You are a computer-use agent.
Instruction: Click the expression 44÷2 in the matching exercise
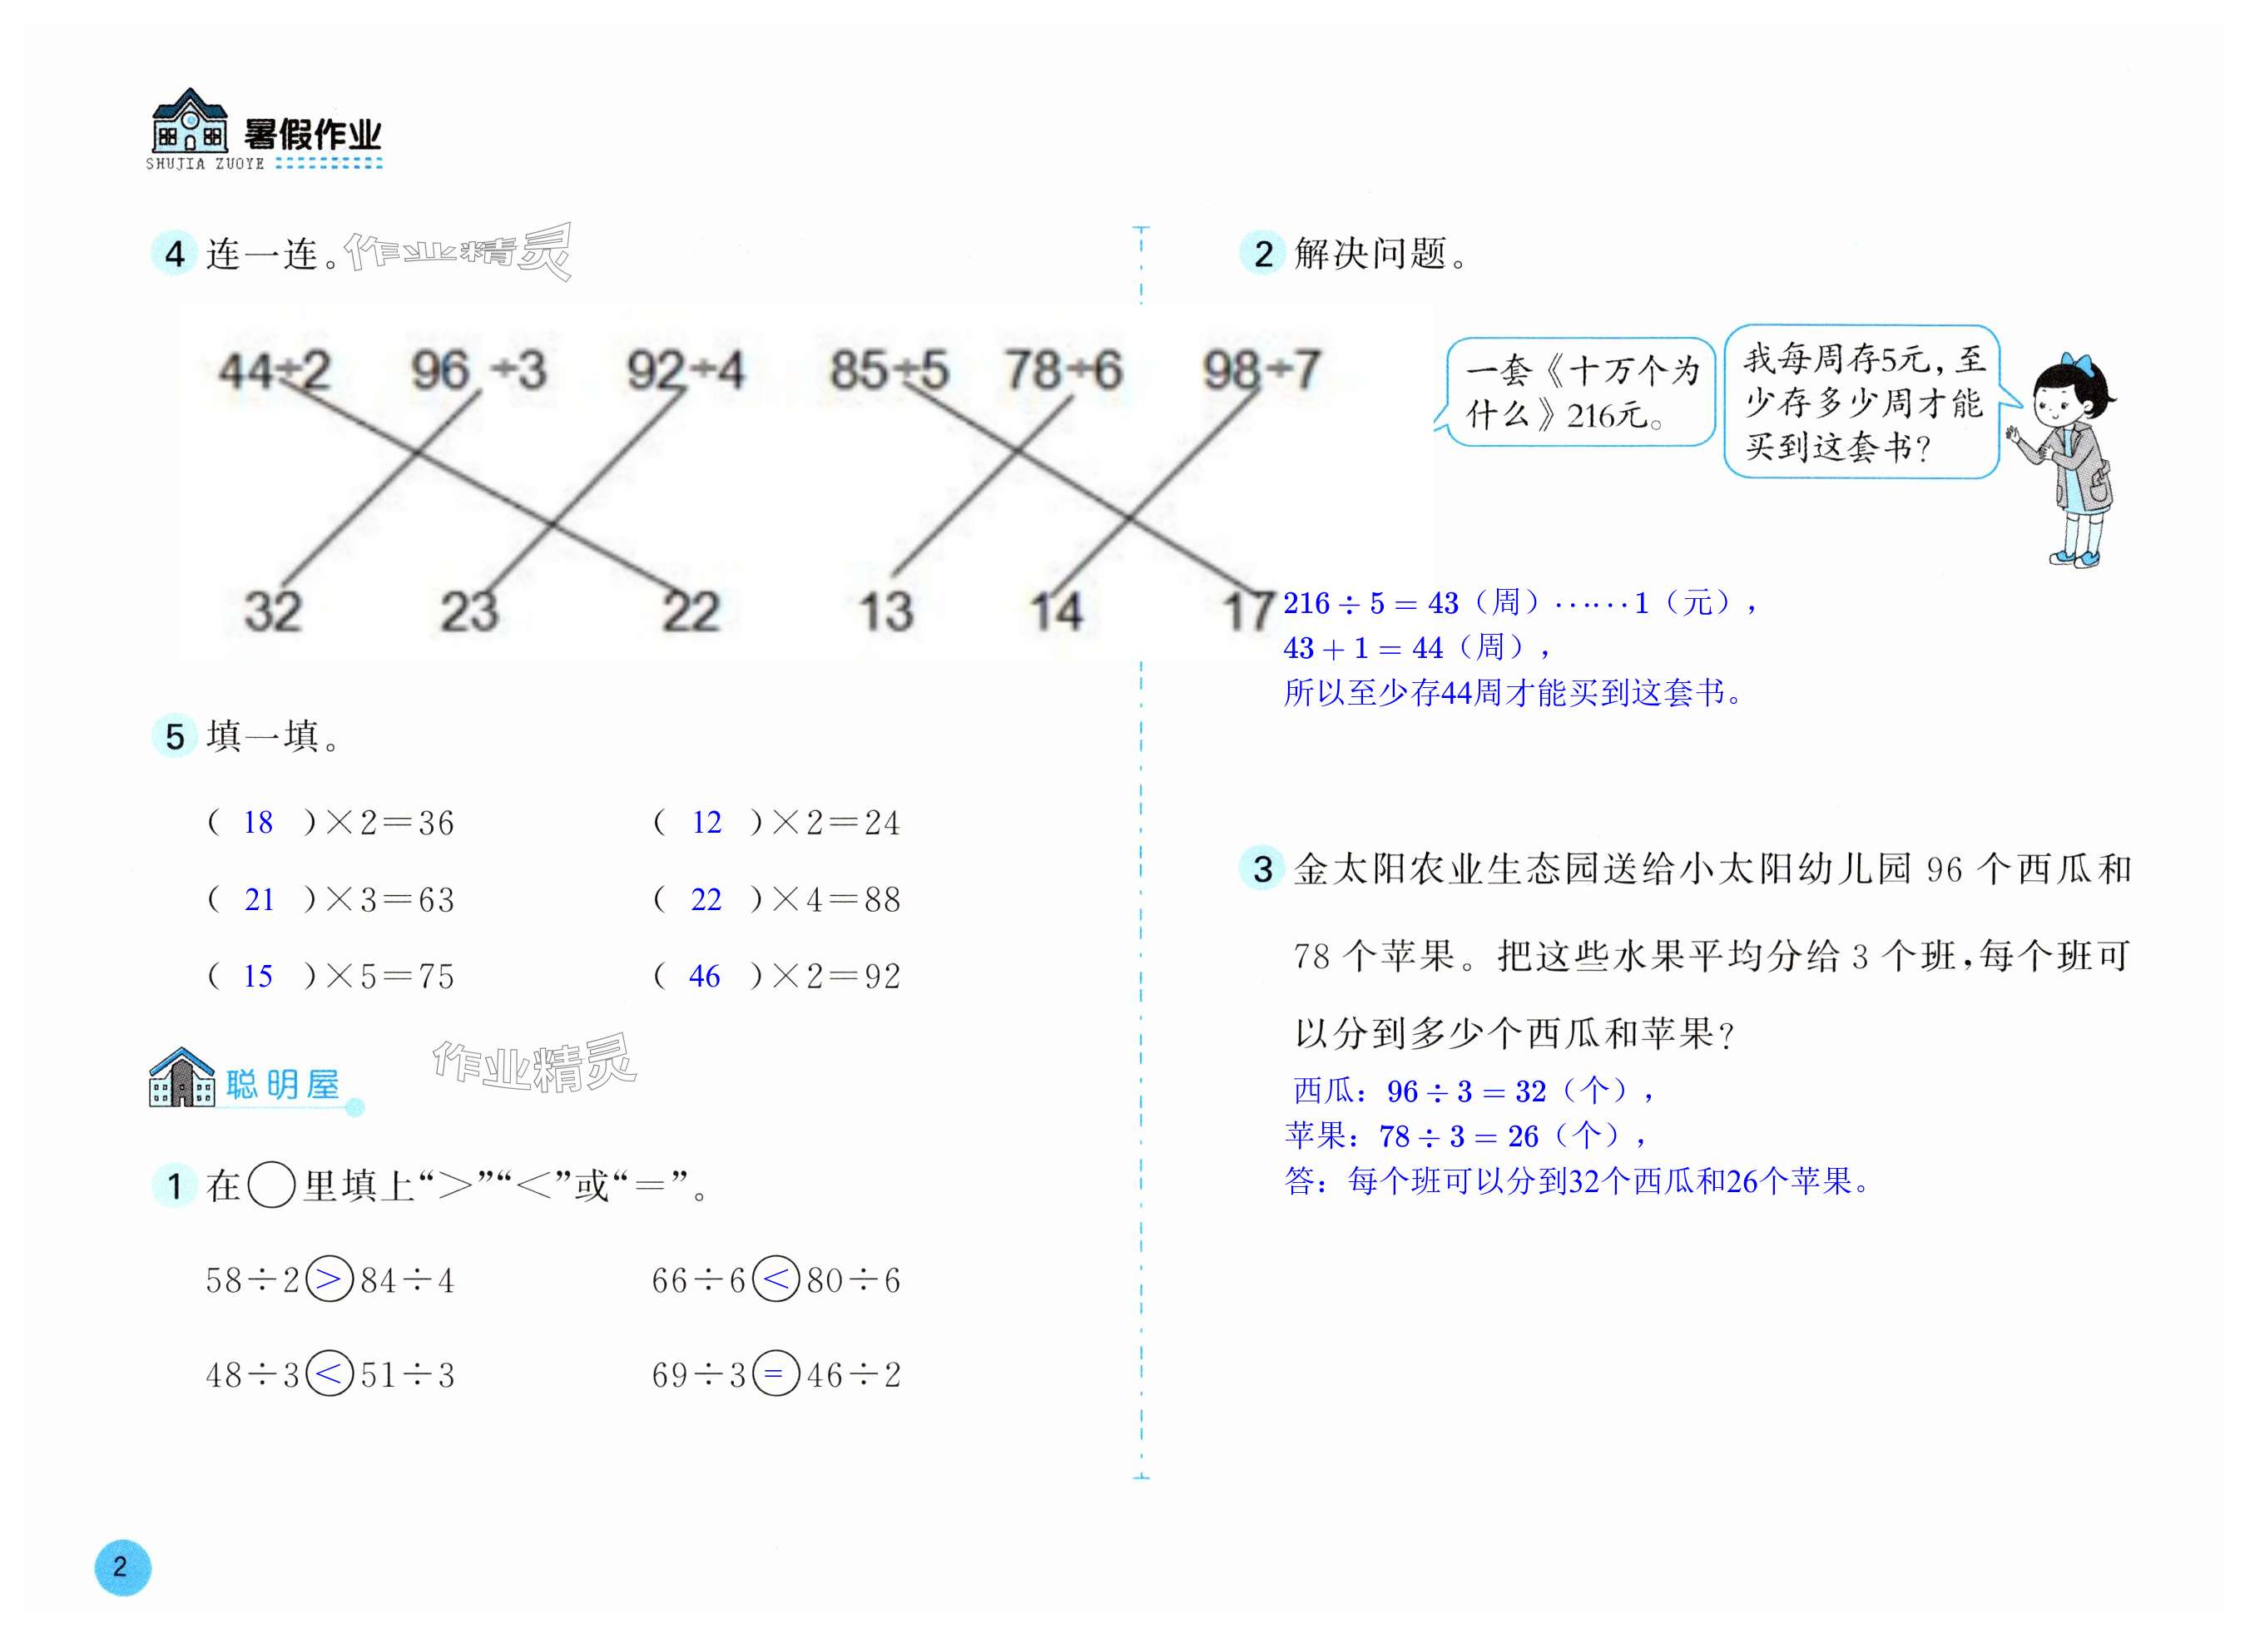click(275, 372)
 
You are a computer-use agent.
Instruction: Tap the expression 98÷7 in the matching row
click(1260, 371)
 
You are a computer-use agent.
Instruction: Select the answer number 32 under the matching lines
click(272, 611)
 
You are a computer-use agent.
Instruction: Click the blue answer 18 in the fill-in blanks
click(257, 823)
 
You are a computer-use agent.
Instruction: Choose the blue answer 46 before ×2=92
click(704, 977)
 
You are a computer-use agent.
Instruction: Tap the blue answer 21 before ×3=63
click(258, 899)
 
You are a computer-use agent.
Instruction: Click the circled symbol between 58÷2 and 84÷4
click(330, 1279)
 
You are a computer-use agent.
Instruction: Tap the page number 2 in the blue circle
click(121, 1566)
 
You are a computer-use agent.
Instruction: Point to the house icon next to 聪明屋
click(181, 1078)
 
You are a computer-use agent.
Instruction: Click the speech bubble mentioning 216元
click(1580, 393)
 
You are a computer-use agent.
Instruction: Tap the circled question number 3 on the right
click(1262, 869)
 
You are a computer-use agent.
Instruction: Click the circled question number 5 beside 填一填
click(174, 736)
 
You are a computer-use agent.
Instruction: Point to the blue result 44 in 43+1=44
click(1426, 648)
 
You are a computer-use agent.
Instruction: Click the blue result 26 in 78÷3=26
click(1523, 1136)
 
